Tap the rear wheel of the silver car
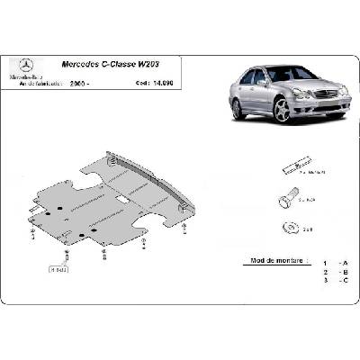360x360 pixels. coord(238,109)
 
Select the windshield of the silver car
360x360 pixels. coord(282,73)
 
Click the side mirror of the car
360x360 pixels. coord(263,84)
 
